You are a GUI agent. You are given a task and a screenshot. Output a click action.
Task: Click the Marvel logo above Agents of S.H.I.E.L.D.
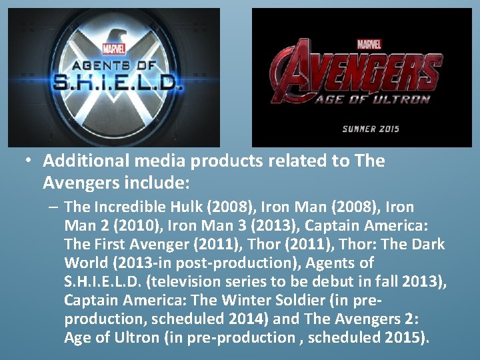pos(114,48)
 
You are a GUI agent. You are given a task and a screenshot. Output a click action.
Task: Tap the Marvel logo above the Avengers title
pos(369,45)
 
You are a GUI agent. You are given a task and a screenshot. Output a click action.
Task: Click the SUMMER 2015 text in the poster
pos(371,128)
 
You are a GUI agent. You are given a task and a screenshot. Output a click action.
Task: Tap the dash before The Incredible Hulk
pos(53,207)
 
